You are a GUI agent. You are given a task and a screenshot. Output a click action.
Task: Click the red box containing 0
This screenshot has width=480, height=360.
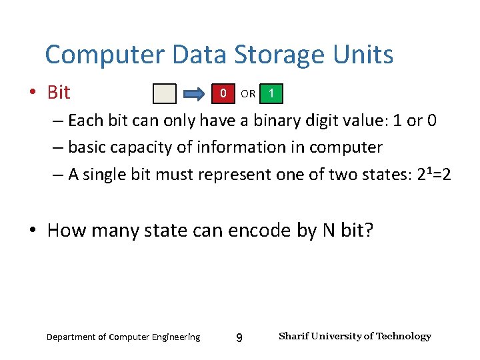(x=223, y=93)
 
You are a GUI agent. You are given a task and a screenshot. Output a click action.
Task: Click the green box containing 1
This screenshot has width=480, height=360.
(x=271, y=93)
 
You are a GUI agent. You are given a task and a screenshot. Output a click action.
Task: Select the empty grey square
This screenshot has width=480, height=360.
(x=165, y=94)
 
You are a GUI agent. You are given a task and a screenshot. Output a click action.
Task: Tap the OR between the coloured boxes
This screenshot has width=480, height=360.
(x=247, y=94)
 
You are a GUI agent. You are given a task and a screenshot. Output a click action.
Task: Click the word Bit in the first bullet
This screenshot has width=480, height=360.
(x=59, y=93)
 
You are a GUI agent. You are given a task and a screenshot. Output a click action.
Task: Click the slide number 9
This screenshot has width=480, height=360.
(x=239, y=339)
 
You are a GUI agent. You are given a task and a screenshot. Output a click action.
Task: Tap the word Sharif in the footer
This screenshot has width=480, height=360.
(x=293, y=336)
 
